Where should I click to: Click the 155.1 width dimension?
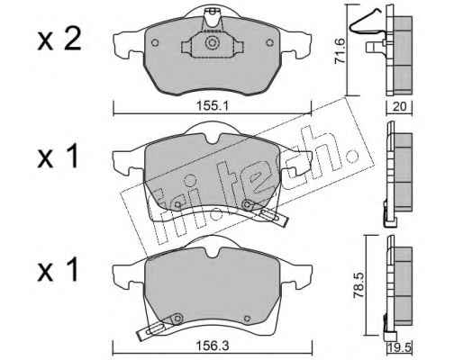(212, 106)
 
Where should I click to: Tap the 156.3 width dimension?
(213, 346)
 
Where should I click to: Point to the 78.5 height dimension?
(359, 284)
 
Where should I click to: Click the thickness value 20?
(399, 106)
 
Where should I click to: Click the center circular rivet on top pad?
(212, 42)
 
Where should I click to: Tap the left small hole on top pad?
(155, 43)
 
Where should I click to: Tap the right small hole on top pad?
(270, 43)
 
